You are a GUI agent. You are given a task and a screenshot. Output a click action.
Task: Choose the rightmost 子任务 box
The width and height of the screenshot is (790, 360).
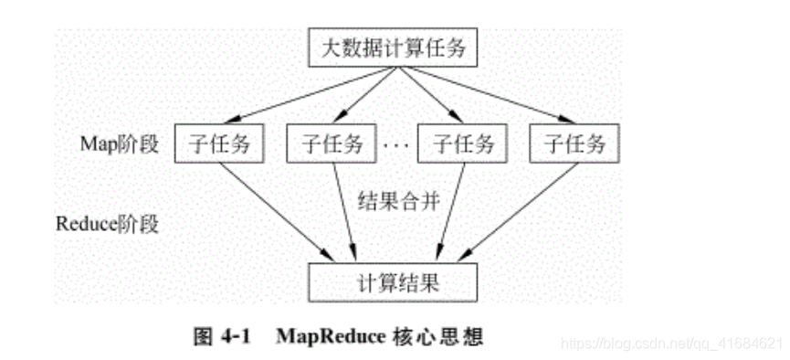574,143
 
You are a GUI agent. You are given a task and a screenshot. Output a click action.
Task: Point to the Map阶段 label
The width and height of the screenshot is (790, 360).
120,143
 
